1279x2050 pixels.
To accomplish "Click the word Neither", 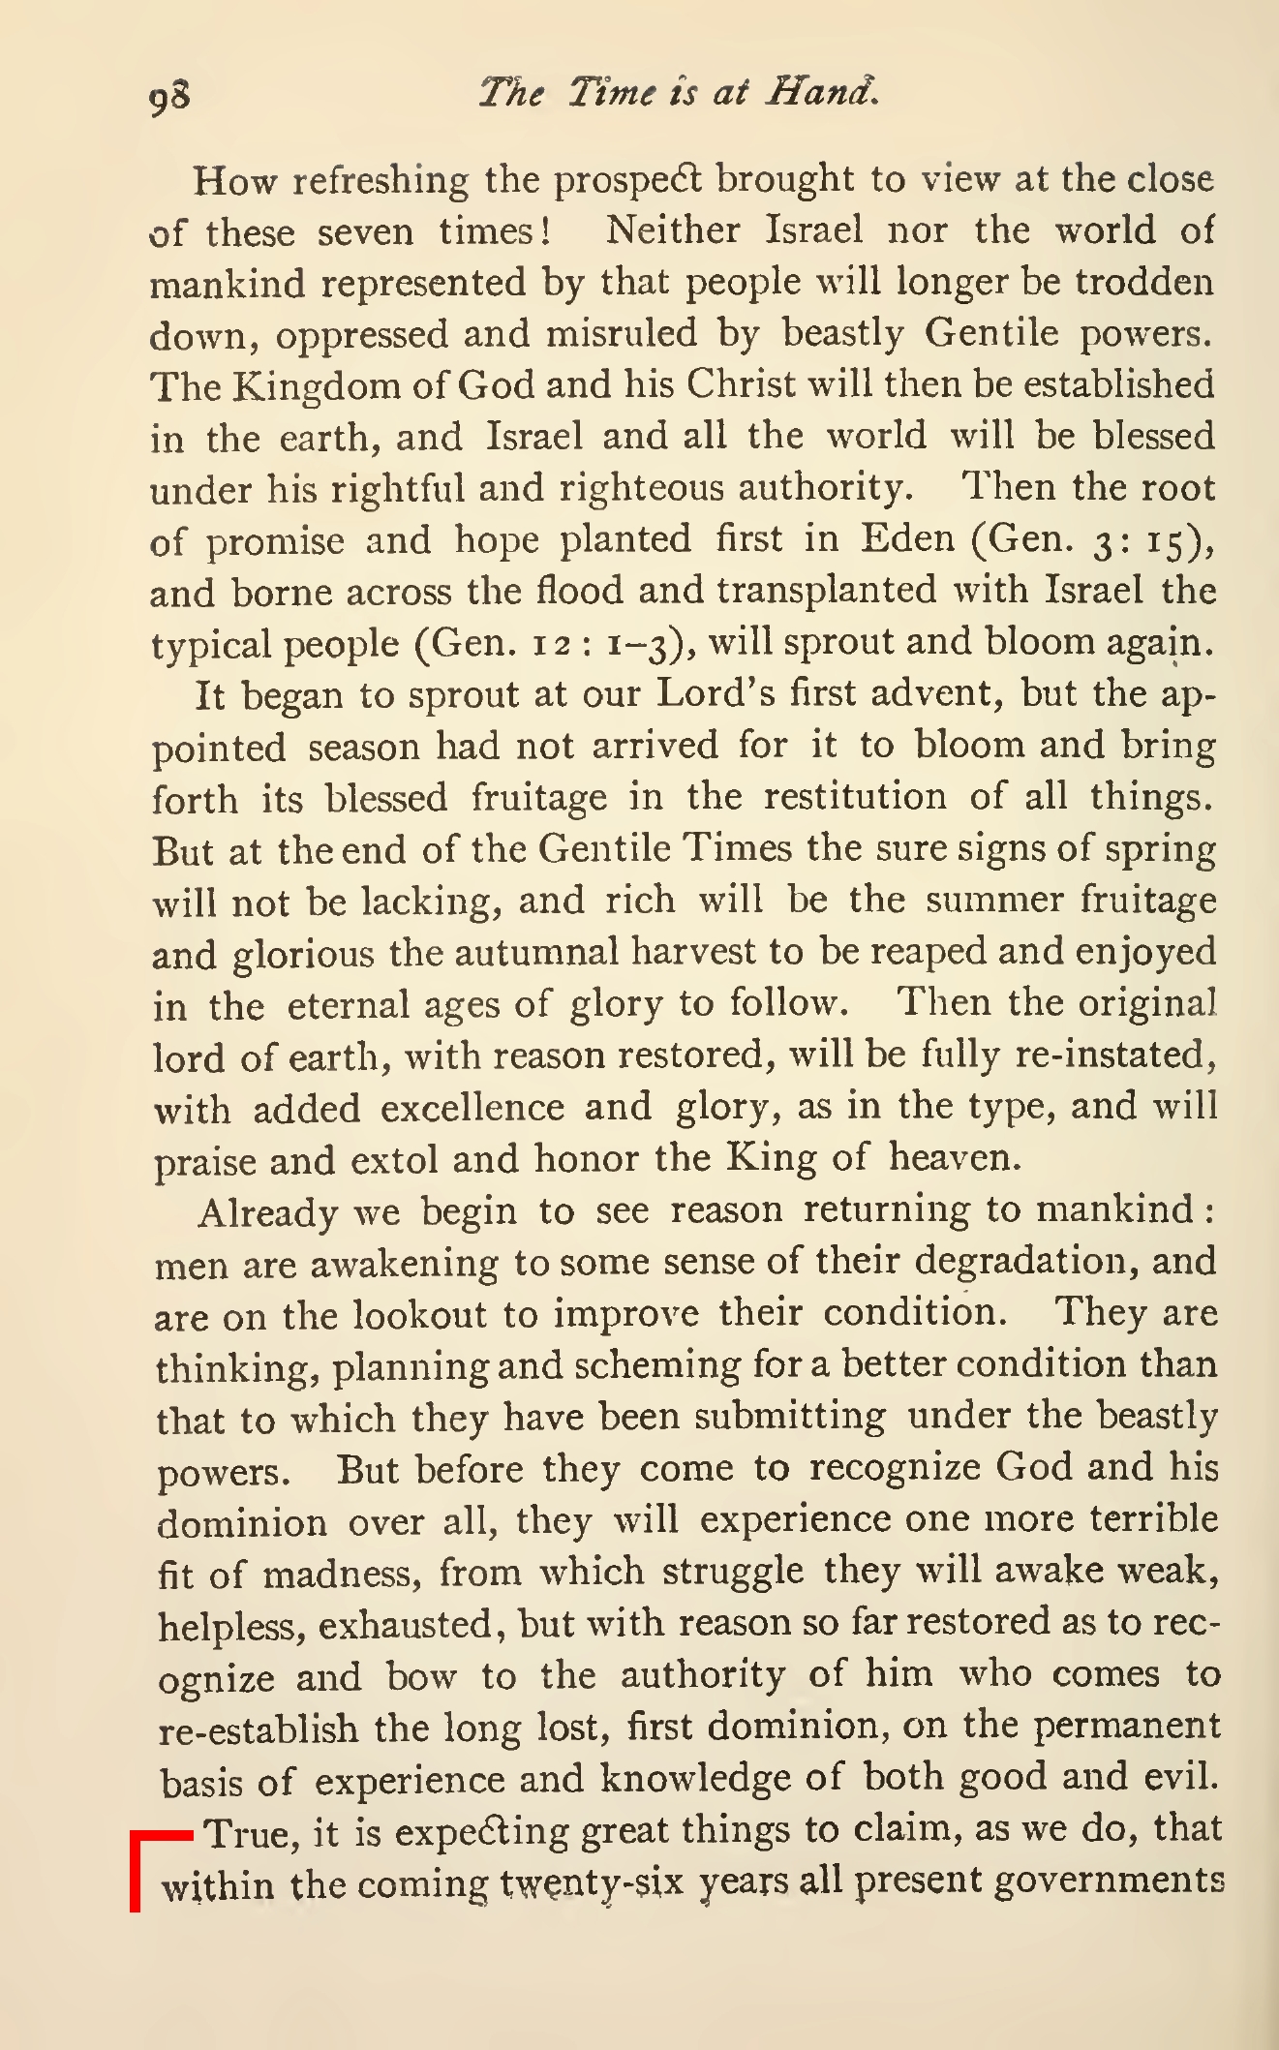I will click(x=673, y=230).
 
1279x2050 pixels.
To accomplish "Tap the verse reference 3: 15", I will click(x=1143, y=540).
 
